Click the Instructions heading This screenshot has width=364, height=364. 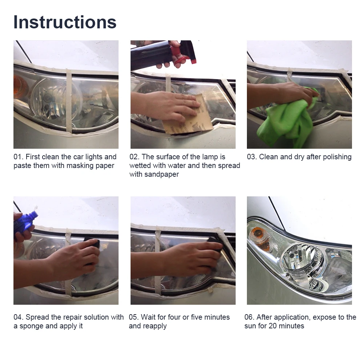point(65,22)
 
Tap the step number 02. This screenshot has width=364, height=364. point(135,157)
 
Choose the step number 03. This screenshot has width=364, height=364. point(252,157)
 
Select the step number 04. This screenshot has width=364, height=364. point(18,317)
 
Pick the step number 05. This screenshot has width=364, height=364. point(134,317)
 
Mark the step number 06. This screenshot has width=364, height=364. point(249,317)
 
